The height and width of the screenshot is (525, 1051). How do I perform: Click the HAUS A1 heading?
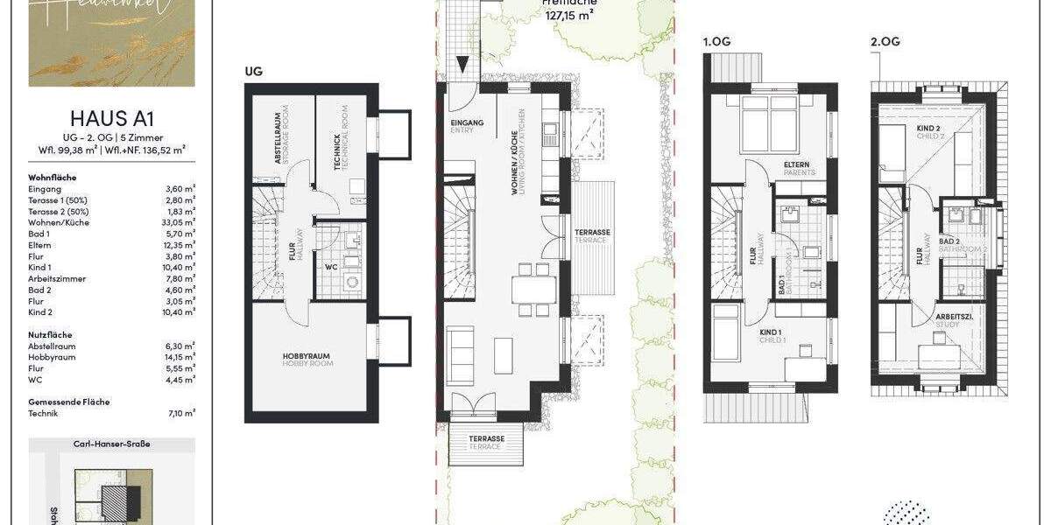[x=111, y=119]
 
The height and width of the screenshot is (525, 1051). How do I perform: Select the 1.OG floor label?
[x=716, y=41]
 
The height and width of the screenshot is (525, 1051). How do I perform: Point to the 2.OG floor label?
[x=884, y=41]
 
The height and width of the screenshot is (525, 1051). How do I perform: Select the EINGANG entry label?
[x=466, y=123]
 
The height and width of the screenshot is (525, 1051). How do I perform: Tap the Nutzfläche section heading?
[x=50, y=334]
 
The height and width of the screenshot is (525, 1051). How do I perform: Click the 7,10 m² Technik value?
[x=181, y=413]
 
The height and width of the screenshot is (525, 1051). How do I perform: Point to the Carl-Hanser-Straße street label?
[x=111, y=444]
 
